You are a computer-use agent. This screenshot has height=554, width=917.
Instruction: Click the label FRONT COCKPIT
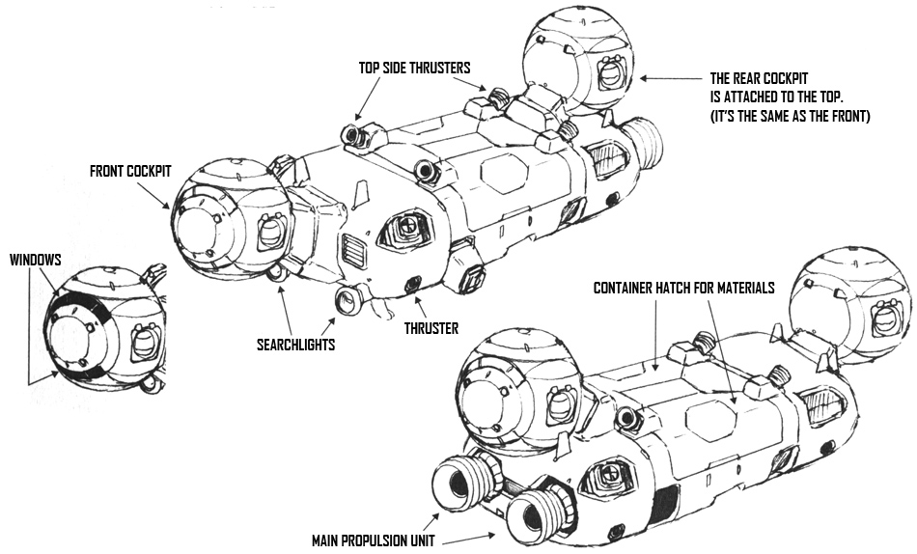129,171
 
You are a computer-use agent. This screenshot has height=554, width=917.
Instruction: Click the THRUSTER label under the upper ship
431,328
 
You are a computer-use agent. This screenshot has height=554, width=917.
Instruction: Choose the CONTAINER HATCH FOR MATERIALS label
683,288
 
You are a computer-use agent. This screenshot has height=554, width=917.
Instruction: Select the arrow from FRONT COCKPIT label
159,197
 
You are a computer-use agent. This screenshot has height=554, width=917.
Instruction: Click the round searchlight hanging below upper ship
345,301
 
